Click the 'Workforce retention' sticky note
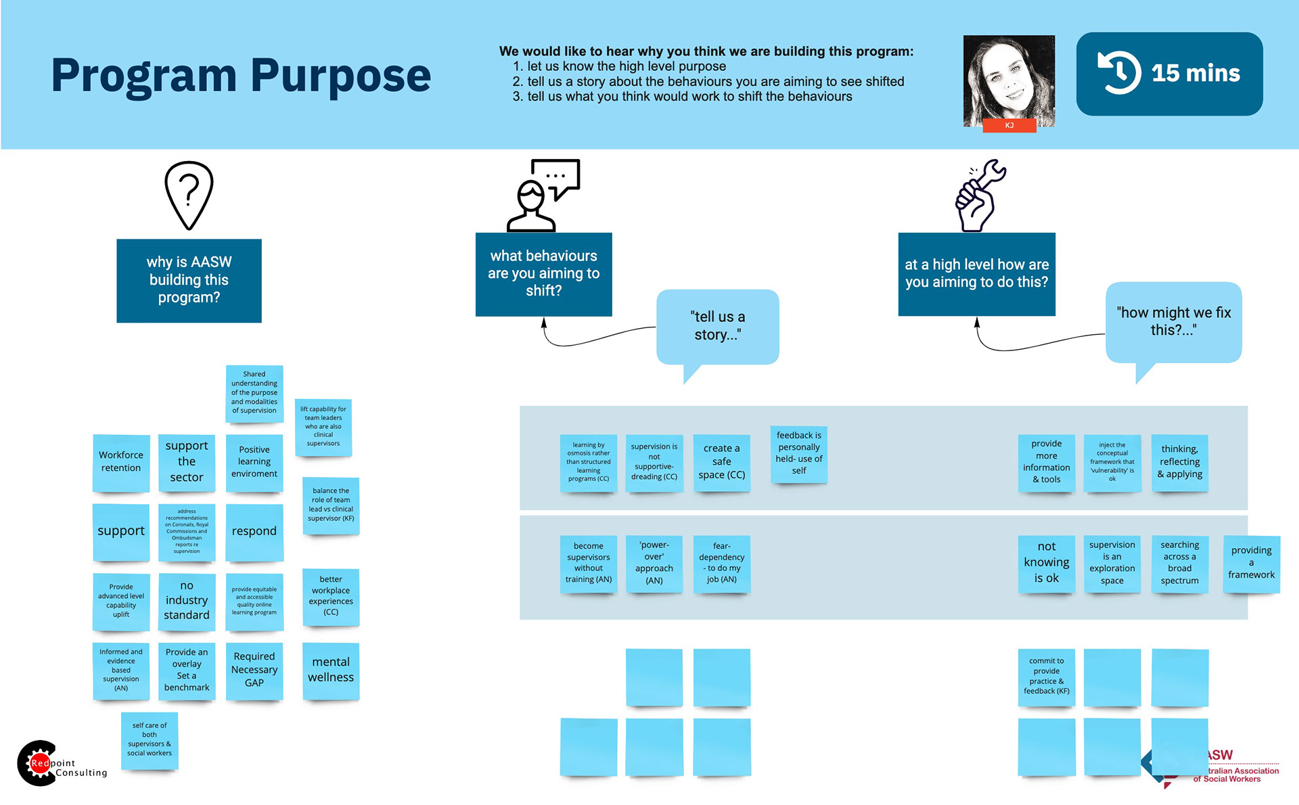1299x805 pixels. (x=121, y=462)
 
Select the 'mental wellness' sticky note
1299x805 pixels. (x=331, y=670)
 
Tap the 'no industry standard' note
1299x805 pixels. (x=187, y=601)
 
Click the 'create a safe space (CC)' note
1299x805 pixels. (x=722, y=462)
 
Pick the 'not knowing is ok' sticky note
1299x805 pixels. (x=1047, y=563)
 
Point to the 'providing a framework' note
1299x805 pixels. (x=1251, y=563)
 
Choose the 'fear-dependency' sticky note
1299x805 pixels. (x=722, y=563)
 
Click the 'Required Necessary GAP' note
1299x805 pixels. (x=254, y=670)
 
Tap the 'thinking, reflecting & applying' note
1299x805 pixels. (x=1180, y=462)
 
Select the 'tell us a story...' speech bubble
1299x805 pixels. (x=717, y=327)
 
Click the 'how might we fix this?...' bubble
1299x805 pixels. (x=1174, y=322)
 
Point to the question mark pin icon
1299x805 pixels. (x=189, y=195)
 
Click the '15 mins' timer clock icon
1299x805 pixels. (x=1120, y=73)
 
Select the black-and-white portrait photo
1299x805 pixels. (x=1009, y=78)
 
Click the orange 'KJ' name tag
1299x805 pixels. (x=1009, y=126)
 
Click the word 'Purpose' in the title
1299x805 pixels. (x=341, y=76)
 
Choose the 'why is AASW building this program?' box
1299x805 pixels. (x=189, y=280)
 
